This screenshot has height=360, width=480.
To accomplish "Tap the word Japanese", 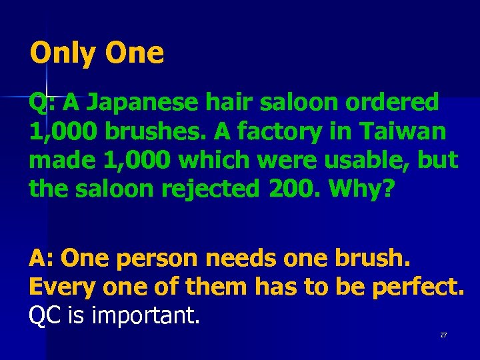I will [x=144, y=103].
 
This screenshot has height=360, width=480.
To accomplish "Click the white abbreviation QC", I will [x=44, y=315].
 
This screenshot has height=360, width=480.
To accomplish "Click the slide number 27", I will [x=443, y=335].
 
